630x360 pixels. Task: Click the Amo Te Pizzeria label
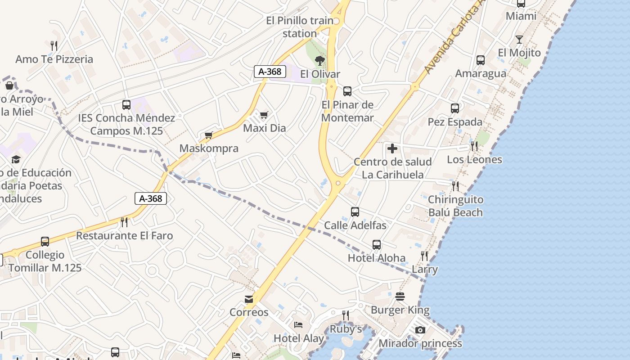54,59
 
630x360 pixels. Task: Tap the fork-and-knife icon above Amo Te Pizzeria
54,45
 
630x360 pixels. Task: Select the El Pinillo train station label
300,27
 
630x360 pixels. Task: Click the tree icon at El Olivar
320,60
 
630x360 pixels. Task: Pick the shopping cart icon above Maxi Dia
264,115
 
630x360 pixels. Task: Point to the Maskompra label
209,148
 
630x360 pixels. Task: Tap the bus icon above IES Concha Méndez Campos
126,105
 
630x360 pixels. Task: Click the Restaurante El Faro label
124,235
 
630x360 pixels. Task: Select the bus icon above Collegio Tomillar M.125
45,242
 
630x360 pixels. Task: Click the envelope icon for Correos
248,299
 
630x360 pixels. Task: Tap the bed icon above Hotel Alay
298,325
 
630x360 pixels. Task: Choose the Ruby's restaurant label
346,329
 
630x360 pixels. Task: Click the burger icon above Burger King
400,297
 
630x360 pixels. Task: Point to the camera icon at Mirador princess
420,330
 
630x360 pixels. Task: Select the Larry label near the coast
425,269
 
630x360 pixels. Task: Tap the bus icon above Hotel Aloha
377,245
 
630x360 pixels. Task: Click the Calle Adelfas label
355,225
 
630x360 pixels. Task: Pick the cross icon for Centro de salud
392,148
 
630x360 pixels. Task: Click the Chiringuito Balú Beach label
455,206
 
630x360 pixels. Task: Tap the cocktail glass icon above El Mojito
519,40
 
